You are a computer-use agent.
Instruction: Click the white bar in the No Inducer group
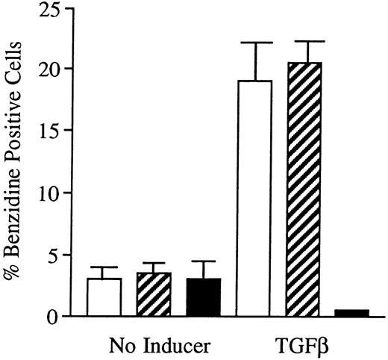coord(104,297)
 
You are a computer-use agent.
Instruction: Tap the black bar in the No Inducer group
coord(203,297)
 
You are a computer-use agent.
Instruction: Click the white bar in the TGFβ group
coord(254,198)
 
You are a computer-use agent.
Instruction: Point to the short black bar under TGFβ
coord(351,313)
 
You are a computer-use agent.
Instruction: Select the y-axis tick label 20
coord(52,69)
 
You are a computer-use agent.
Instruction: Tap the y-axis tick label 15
coord(52,131)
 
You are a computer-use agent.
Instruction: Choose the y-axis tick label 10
coord(52,193)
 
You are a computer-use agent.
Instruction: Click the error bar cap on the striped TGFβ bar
coord(304,41)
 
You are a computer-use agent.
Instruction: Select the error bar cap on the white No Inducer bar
coord(104,267)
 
